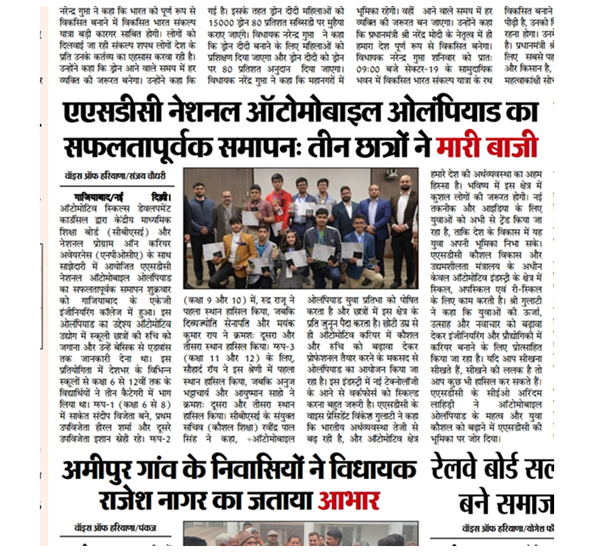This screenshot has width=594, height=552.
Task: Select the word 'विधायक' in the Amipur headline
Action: pyautogui.click(x=373, y=468)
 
